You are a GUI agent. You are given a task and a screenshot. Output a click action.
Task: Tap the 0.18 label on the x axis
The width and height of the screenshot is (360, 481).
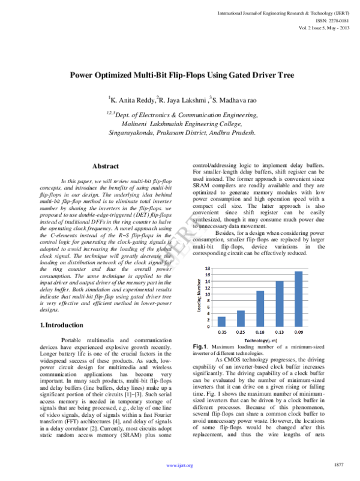point(260,332)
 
